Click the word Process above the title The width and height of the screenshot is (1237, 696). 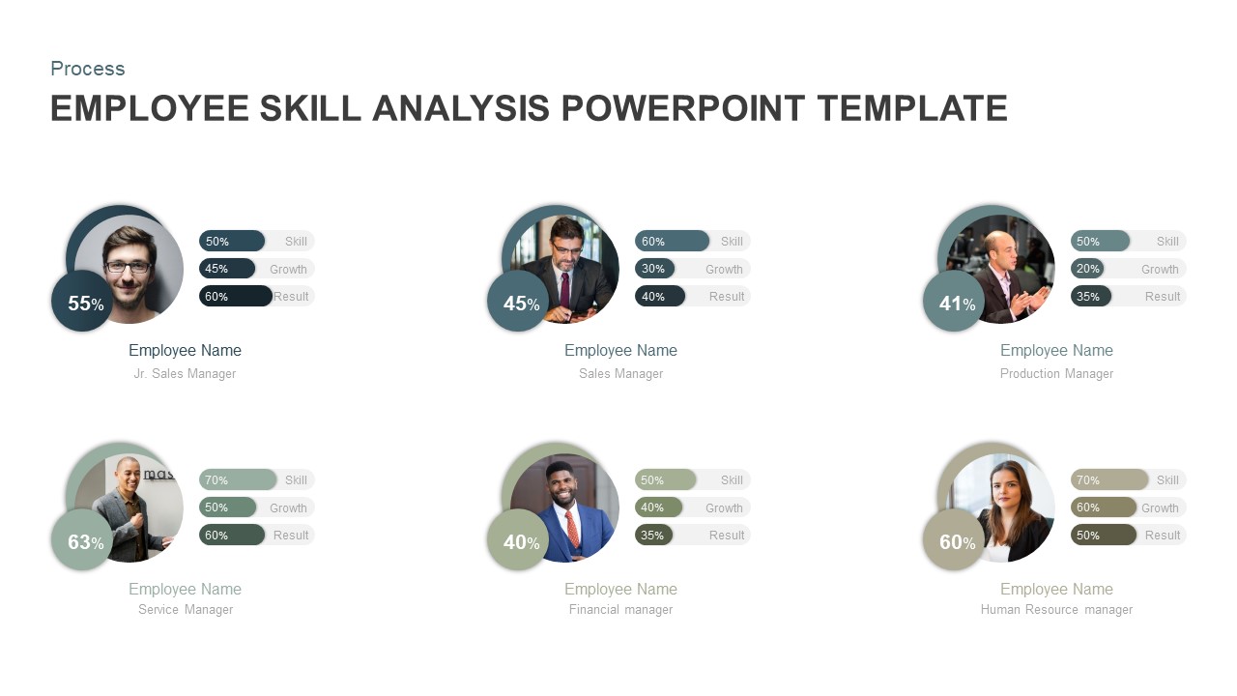pyautogui.click(x=88, y=69)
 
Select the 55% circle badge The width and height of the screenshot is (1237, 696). pyautogui.click(x=82, y=301)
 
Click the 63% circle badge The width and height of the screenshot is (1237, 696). pyautogui.click(x=82, y=539)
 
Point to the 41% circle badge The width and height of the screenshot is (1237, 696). pyautogui.click(x=954, y=301)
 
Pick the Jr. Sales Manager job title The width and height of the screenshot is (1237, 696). pyautogui.click(x=185, y=374)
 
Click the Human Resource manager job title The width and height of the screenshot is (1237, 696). pyautogui.click(x=1056, y=609)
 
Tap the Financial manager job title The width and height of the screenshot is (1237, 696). pyautogui.click(x=620, y=609)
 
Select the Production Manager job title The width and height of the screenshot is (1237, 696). pyautogui.click(x=1056, y=374)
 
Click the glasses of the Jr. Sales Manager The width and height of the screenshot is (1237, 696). pyautogui.click(x=129, y=267)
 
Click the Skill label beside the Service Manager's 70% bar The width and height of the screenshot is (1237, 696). pyautogui.click(x=296, y=480)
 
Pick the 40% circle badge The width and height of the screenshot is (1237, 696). pyautogui.click(x=518, y=539)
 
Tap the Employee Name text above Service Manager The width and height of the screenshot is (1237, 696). pyautogui.click(x=185, y=589)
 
